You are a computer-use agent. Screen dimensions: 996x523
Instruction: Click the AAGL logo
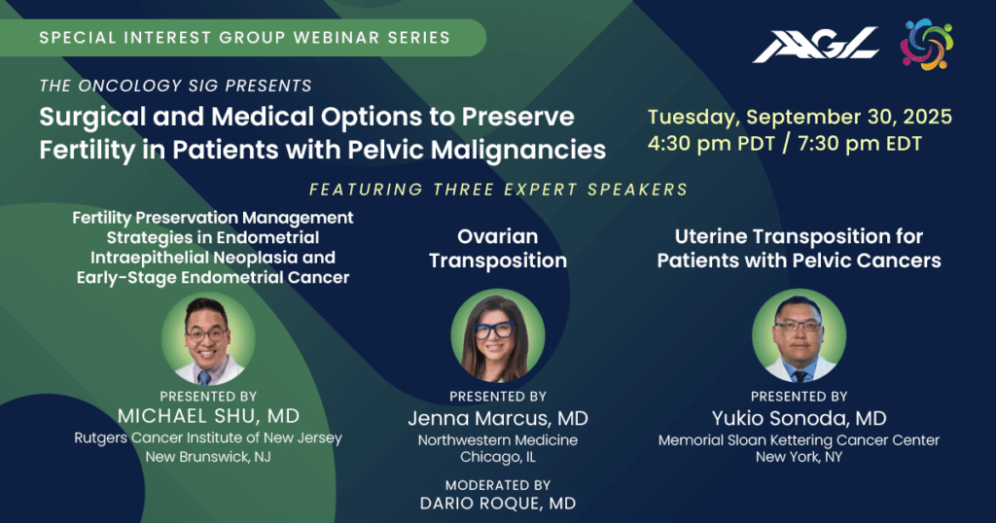coord(816,45)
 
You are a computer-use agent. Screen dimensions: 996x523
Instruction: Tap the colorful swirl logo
coord(927,45)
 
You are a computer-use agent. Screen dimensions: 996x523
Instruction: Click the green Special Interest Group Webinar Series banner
coord(243,38)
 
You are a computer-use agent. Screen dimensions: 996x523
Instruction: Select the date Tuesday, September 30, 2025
coord(800,117)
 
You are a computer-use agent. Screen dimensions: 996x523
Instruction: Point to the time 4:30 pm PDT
coord(711,144)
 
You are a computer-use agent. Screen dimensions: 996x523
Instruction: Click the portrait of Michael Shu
coord(208,338)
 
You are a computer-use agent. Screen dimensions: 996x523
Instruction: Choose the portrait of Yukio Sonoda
coord(800,335)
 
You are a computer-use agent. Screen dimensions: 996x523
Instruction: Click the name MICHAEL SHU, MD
coord(208,416)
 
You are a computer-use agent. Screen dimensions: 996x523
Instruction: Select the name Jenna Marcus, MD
coord(498,418)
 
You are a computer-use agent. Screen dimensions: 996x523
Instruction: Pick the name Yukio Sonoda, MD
coord(800,418)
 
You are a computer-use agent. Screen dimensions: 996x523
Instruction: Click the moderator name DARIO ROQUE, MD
coord(498,504)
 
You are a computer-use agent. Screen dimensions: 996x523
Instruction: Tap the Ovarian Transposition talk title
coord(498,248)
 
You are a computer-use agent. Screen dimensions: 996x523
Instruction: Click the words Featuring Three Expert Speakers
coord(499,190)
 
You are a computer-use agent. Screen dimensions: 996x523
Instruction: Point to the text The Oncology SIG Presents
coord(175,86)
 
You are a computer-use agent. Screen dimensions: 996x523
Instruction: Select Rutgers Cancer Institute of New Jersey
coord(208,438)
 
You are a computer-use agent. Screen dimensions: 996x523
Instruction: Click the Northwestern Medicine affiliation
coord(498,439)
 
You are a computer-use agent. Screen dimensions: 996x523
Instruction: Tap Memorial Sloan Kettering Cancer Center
coord(800,439)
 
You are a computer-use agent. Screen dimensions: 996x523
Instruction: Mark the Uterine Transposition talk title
coord(800,248)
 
